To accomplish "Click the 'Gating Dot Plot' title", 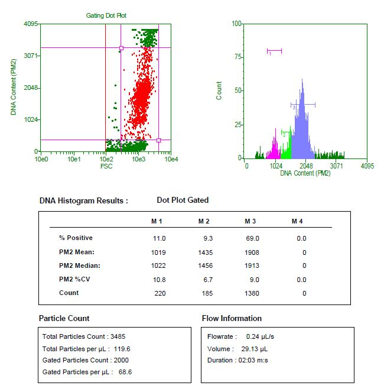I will [106, 15].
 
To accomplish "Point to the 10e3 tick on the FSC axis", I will [138, 159].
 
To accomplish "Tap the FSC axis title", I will [106, 166].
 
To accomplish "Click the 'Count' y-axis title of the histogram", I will [219, 90].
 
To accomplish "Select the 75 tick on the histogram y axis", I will [237, 57].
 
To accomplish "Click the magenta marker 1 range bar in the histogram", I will [274, 50].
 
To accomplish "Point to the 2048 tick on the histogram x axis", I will [306, 166].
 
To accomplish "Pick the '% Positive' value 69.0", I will [252, 238].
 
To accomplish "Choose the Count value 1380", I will [252, 293].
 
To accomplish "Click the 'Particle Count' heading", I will [64, 318].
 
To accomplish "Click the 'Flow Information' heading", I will [232, 318].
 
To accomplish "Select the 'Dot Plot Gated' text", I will [183, 200].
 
